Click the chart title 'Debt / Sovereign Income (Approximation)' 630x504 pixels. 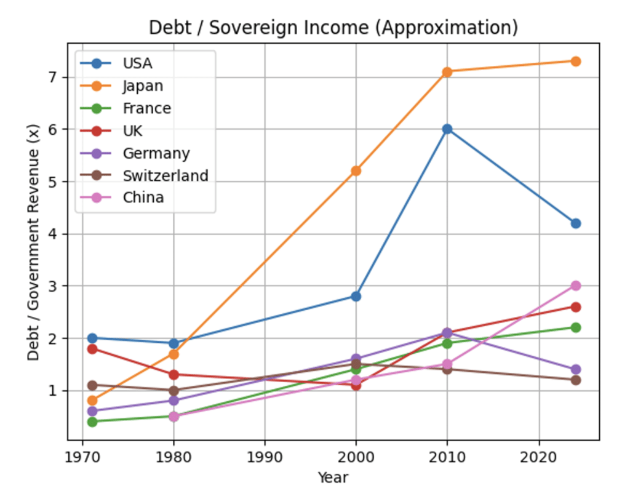coord(333,28)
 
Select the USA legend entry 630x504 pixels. coord(137,63)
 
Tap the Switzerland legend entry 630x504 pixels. coord(165,175)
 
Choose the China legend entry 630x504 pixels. coord(143,198)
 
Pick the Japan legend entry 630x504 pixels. coord(143,86)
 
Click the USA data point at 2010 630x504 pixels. coord(447,129)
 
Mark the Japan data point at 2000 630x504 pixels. coord(356,170)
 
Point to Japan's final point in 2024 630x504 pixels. coord(575,61)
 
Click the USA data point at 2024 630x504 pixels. coord(575,223)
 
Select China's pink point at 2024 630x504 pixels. coord(575,286)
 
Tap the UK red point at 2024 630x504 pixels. coord(575,306)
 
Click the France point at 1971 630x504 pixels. coord(92,422)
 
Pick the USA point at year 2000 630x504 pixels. coord(356,296)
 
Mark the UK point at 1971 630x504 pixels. coord(92,348)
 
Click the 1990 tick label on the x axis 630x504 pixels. coord(265,457)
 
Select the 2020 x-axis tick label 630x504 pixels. coord(539,457)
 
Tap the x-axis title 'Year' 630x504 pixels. coord(333,478)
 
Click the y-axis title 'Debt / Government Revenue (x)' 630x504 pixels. coord(34,241)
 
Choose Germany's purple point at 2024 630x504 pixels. coord(575,369)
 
